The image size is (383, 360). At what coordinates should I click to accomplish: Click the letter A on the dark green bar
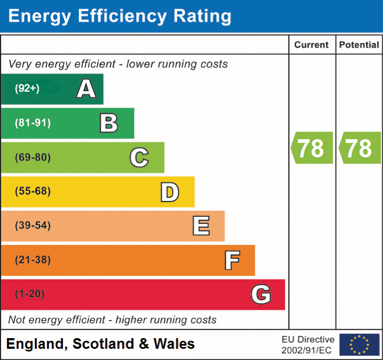[86, 89]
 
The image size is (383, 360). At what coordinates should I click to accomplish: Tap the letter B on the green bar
[109, 123]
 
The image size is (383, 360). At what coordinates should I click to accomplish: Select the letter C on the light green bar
[139, 157]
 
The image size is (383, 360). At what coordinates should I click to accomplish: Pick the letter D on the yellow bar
[169, 192]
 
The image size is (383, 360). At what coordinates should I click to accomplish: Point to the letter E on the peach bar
[200, 226]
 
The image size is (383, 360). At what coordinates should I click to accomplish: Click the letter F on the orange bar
[231, 260]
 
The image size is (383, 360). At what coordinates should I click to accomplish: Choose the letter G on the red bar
[260, 294]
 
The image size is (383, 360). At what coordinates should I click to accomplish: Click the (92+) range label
[27, 89]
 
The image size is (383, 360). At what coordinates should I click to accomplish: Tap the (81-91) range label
[33, 123]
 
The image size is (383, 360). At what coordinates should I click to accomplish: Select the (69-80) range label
[33, 157]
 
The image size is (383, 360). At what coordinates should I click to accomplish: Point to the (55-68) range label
[33, 191]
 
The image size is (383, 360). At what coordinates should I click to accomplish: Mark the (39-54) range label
[33, 226]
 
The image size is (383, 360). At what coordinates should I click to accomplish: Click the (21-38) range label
[33, 260]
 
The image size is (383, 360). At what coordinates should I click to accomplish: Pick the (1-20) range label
[30, 294]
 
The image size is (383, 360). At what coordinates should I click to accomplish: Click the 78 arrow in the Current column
[312, 148]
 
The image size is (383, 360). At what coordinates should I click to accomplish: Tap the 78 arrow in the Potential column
[360, 148]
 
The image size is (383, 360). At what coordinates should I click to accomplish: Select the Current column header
[312, 45]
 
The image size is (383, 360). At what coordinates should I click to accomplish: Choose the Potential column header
[359, 45]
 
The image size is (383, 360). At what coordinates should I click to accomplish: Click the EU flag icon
[359, 345]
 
